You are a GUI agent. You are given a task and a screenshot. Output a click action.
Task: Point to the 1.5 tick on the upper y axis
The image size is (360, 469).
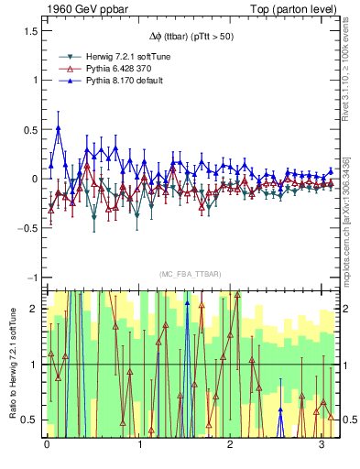[x=31, y=30]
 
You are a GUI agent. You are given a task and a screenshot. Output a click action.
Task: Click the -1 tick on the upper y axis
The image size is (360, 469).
[x=33, y=278]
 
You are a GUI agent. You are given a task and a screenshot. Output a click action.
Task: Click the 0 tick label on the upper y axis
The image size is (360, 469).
[x=35, y=179]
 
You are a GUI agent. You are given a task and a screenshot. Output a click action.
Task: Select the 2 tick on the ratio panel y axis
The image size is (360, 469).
[x=35, y=309]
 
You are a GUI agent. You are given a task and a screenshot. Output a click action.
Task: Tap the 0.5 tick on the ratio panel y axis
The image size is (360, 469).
[x=31, y=420]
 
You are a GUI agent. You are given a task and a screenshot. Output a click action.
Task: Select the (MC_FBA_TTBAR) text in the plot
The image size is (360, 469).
[x=181, y=275]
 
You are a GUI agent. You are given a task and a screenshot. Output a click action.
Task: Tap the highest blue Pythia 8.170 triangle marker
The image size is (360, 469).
[x=59, y=128]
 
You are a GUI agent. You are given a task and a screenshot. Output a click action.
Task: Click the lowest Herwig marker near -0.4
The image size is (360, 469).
[x=93, y=217]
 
